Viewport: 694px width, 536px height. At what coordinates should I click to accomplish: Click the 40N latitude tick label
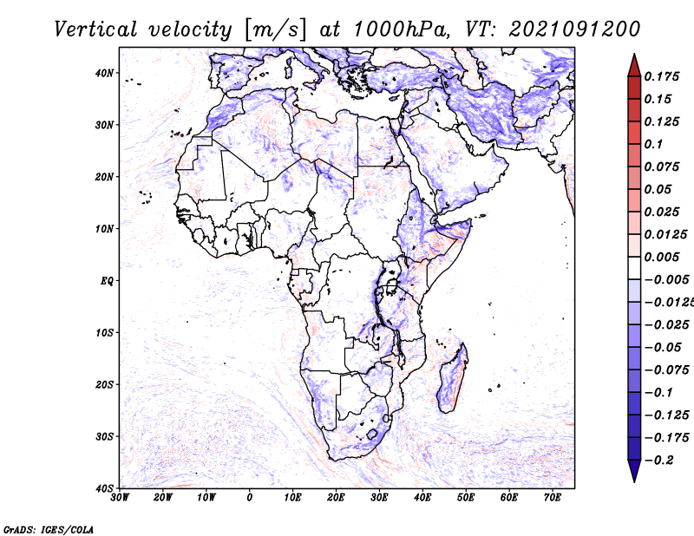(104, 73)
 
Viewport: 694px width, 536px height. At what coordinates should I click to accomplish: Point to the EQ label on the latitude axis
(107, 281)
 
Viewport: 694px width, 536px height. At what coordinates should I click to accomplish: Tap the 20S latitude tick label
(104, 384)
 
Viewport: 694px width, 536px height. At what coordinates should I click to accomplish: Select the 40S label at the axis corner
(104, 487)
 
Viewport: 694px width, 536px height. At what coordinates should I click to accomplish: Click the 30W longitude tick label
(120, 498)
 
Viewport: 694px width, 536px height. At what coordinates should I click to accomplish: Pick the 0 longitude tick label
(250, 498)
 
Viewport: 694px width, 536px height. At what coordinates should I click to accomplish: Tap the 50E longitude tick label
(466, 498)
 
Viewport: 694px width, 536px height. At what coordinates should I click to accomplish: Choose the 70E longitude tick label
(553, 498)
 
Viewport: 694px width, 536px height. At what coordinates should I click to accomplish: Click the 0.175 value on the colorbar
(662, 76)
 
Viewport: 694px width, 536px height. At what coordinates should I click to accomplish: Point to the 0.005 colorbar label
(662, 257)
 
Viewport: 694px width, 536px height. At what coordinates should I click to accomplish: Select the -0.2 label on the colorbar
(659, 461)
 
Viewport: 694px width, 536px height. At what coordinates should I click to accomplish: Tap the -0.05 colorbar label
(663, 348)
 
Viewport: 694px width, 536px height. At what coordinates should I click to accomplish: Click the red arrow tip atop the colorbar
(634, 55)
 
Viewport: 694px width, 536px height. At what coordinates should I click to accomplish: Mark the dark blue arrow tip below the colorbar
(634, 481)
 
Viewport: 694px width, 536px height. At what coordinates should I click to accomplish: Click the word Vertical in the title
(95, 29)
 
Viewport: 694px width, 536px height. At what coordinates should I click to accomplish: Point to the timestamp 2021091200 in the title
(574, 29)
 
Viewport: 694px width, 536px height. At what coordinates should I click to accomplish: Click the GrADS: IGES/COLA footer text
(49, 529)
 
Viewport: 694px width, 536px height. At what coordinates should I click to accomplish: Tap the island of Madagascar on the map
(453, 378)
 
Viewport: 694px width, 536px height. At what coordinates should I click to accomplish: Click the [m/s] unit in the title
(275, 30)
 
